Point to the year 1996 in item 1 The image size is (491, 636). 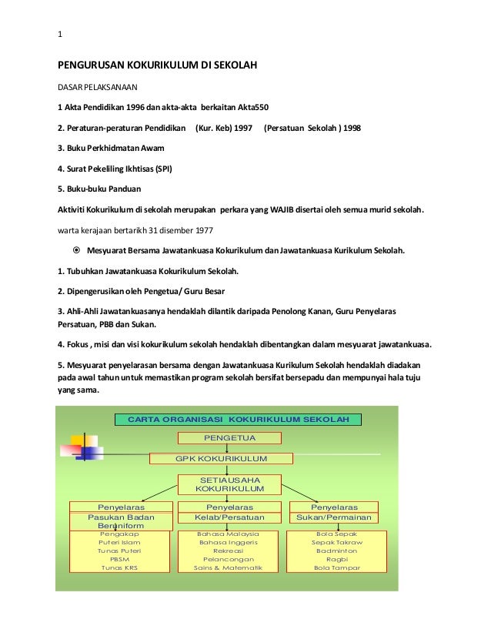[x=130, y=106]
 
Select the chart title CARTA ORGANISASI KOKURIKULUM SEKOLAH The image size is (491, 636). [x=238, y=420]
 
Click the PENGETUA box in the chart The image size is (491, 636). [x=229, y=438]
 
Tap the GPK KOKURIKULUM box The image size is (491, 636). [x=220, y=459]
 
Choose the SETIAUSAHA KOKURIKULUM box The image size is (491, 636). [x=229, y=484]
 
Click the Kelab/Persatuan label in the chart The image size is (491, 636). [x=229, y=518]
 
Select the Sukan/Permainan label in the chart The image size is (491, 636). [x=333, y=518]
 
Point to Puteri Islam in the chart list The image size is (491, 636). [x=119, y=542]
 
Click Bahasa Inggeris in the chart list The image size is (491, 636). [x=229, y=542]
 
